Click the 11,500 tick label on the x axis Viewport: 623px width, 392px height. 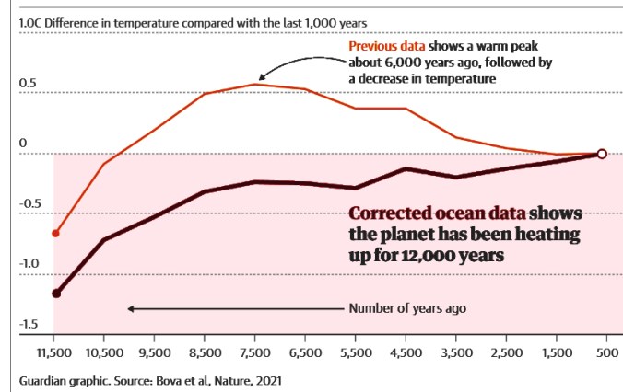coord(53,352)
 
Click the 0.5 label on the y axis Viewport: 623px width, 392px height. coord(29,84)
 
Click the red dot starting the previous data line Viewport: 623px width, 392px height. coord(54,234)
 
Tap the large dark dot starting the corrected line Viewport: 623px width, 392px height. coord(55,294)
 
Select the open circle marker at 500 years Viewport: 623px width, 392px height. coord(601,154)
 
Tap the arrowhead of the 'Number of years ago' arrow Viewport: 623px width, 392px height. coord(131,308)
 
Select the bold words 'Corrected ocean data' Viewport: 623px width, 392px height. coord(432,213)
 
